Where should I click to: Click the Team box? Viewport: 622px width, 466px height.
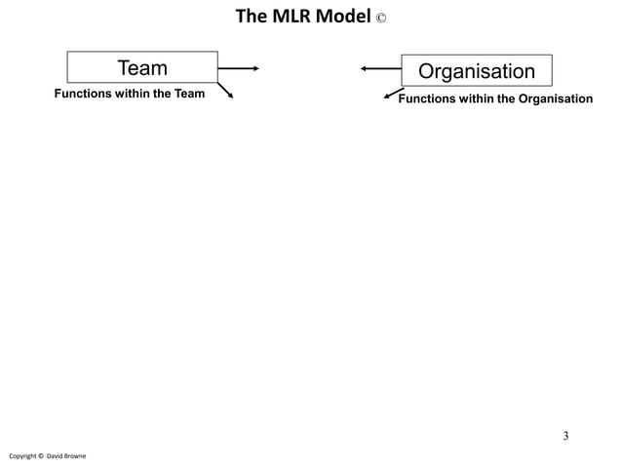142,67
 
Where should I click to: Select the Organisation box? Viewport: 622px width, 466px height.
477,71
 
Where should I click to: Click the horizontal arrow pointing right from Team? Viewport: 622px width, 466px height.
239,68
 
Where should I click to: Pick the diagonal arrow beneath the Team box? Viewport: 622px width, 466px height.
226,92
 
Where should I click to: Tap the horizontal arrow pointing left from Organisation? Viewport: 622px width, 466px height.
380,68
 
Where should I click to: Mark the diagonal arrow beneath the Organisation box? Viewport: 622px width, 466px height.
393,94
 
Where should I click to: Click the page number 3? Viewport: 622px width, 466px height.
564,435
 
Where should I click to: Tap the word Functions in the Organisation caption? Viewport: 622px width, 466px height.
427,98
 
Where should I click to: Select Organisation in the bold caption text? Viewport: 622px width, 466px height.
555,98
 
